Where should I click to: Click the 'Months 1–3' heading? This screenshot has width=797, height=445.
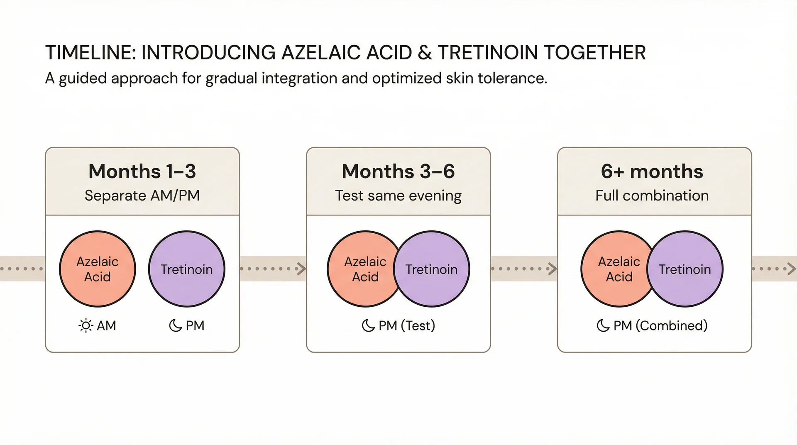point(142,171)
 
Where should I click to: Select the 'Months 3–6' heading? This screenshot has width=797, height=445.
point(398,171)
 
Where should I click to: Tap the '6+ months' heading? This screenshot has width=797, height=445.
point(652,171)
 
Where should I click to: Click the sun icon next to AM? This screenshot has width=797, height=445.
point(86,325)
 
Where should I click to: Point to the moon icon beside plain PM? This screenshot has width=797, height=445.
point(175,325)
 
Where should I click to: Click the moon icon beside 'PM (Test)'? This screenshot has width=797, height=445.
point(368,325)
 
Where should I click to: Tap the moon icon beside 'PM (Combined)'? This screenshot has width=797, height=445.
point(603,325)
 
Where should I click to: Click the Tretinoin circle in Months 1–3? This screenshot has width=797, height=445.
point(187,269)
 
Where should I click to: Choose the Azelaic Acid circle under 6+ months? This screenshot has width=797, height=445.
point(614,269)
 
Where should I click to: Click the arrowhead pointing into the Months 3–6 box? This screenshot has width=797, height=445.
point(302,269)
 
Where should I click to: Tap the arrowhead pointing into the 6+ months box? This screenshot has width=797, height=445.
point(553,269)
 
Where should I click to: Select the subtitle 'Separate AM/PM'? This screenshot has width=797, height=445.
point(142,196)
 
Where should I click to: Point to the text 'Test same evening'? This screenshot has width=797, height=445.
point(398,196)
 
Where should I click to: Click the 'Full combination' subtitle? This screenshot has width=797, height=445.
point(652,196)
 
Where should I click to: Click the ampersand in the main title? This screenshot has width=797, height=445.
point(425,53)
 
